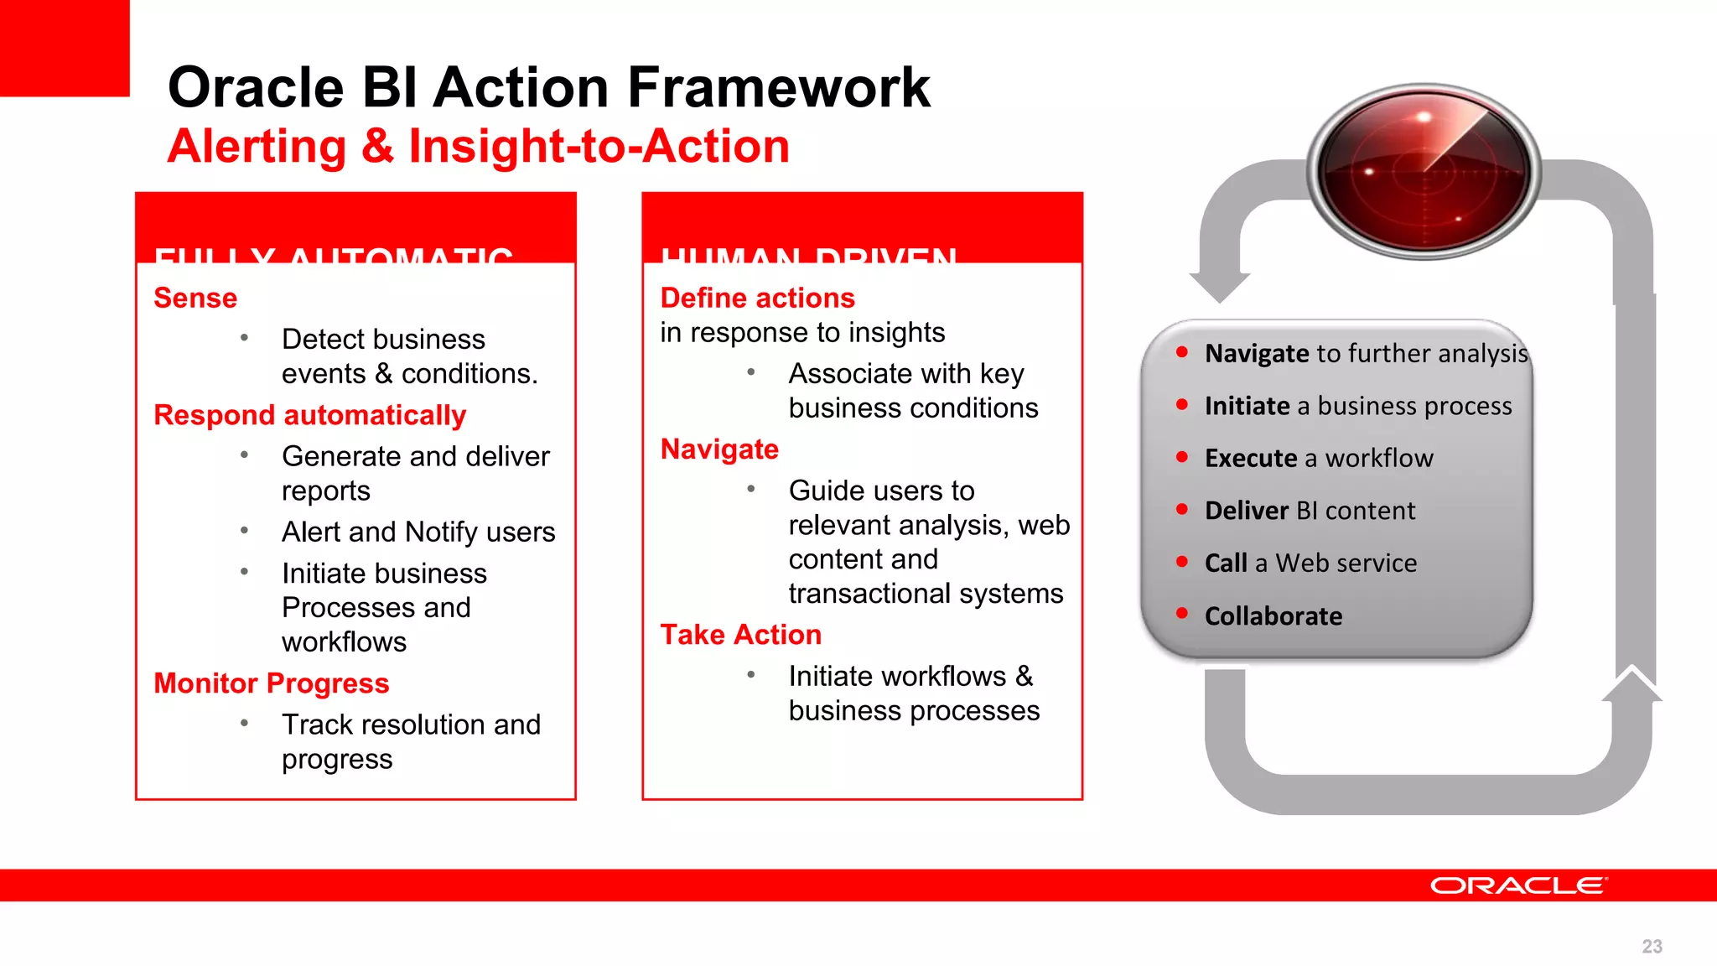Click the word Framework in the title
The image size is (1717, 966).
tap(778, 88)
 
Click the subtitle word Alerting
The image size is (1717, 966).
tap(257, 147)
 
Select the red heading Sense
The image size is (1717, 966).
tap(195, 298)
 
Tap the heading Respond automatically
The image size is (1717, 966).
tap(309, 415)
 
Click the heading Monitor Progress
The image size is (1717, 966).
tap(271, 683)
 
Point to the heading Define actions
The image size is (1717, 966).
tap(757, 298)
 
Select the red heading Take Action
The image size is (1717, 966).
tap(740, 635)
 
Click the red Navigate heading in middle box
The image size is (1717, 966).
tap(719, 449)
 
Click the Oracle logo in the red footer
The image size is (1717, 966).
tap(1518, 885)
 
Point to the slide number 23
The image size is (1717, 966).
tap(1652, 947)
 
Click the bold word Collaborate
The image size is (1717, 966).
tap(1273, 616)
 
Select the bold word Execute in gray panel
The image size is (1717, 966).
tap(1250, 459)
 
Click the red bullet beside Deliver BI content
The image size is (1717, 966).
tap(1182, 509)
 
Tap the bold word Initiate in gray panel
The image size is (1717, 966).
tap(1247, 406)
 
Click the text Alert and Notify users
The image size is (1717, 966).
tap(418, 532)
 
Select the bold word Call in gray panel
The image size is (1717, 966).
tap(1226, 563)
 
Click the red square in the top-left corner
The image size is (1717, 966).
tap(65, 48)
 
